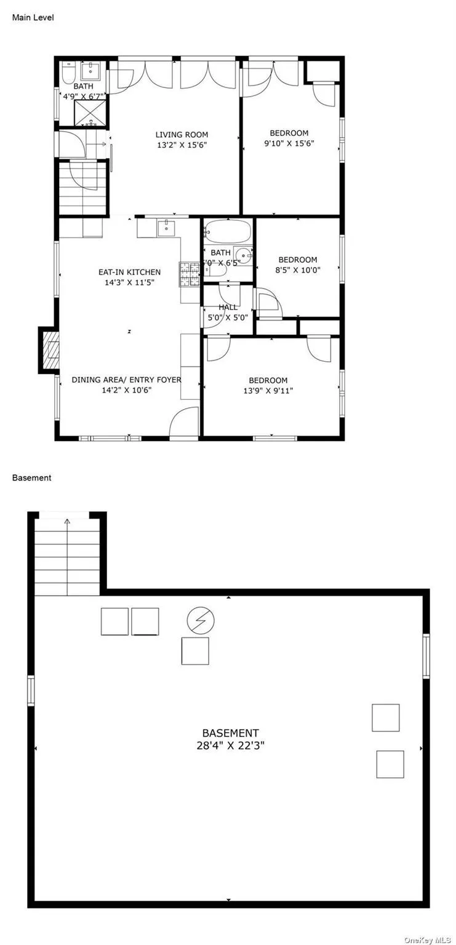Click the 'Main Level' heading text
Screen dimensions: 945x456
pyautogui.click(x=33, y=18)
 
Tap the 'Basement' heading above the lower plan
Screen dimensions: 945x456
pyautogui.click(x=31, y=477)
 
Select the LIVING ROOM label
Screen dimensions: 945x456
pyautogui.click(x=182, y=135)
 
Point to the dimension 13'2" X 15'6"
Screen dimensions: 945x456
pyautogui.click(x=182, y=146)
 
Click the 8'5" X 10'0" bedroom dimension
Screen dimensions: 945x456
pyautogui.click(x=298, y=270)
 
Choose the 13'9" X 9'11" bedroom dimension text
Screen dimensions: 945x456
pyautogui.click(x=268, y=390)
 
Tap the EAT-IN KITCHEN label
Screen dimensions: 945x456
pyautogui.click(x=130, y=272)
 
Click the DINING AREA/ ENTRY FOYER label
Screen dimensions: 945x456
pyautogui.click(x=126, y=380)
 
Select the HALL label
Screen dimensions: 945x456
pyautogui.click(x=228, y=307)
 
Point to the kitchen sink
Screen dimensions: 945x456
pyautogui.click(x=166, y=228)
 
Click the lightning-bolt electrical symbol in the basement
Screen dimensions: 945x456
pyautogui.click(x=201, y=621)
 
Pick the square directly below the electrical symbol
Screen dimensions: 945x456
pyautogui.click(x=195, y=651)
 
